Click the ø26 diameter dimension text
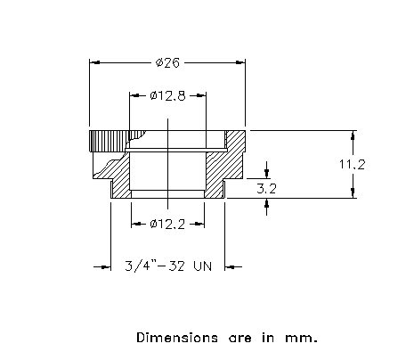[x=167, y=62]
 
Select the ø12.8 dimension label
[x=168, y=95]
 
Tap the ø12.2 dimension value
[x=167, y=224]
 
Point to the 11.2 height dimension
[x=352, y=164]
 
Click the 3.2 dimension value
[x=266, y=189]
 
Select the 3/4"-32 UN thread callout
[x=168, y=266]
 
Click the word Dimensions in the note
[x=177, y=338]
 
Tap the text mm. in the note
[x=301, y=339]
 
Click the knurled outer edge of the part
[x=110, y=141]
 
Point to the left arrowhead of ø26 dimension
[x=94, y=62]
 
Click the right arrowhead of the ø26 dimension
[x=240, y=62]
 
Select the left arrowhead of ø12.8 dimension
[x=134, y=95]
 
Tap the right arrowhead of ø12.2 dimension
[x=199, y=224]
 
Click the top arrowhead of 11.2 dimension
[x=353, y=135]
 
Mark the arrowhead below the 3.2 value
[x=267, y=203]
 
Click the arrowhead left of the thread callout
[x=106, y=267]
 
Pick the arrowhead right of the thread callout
[x=230, y=267]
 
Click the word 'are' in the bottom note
[x=239, y=339]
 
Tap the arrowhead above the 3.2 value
[x=267, y=174]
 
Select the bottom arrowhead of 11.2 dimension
[x=353, y=193]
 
